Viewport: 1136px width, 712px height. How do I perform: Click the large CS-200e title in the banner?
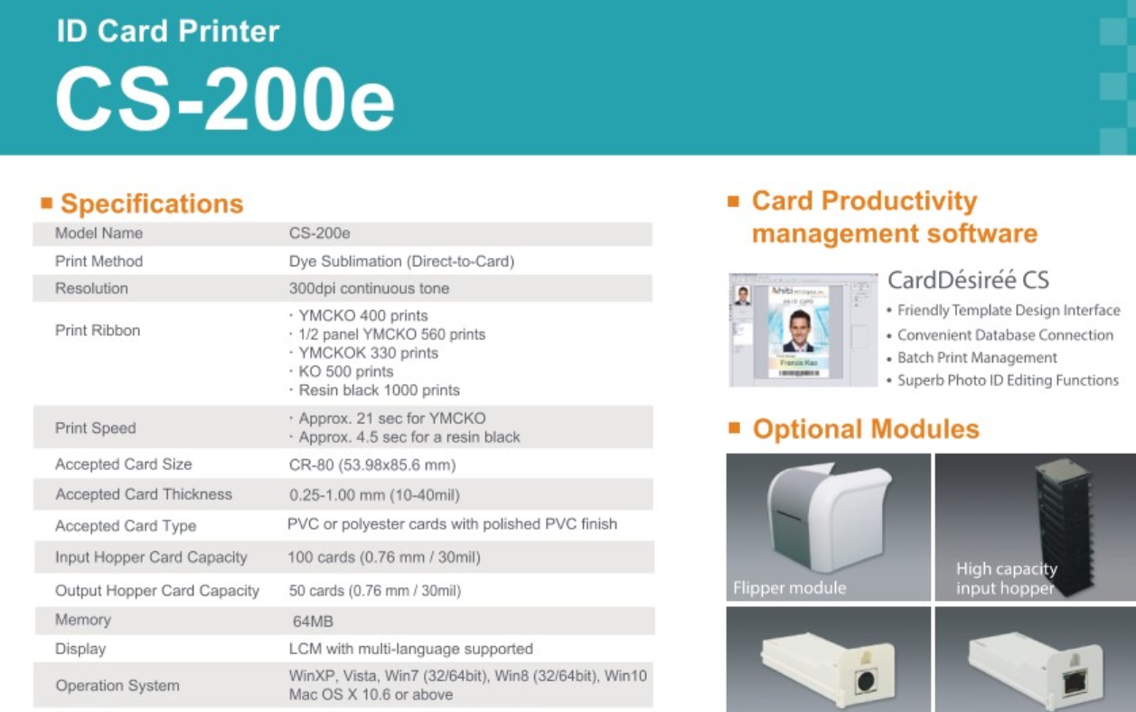click(225, 99)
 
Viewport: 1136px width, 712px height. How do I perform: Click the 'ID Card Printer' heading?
click(168, 31)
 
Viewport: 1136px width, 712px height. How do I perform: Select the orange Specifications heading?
click(152, 204)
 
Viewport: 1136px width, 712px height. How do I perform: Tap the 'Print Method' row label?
click(99, 261)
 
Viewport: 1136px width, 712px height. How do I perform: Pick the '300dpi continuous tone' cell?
click(369, 288)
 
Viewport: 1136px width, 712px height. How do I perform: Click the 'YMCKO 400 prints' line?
click(363, 315)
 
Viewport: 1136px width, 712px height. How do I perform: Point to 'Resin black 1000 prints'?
click(379, 390)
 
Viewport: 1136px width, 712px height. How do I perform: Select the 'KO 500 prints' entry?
click(346, 371)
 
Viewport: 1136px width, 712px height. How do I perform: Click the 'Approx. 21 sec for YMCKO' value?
click(392, 418)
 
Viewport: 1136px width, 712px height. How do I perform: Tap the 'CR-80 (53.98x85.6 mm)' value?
click(372, 464)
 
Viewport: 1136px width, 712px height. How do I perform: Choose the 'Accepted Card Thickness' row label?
click(144, 494)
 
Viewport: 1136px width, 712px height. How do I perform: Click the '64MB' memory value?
click(313, 622)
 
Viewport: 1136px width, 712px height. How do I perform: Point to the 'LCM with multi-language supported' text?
click(411, 649)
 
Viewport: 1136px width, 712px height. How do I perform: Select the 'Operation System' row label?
click(117, 686)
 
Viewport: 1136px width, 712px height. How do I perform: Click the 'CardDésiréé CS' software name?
click(968, 280)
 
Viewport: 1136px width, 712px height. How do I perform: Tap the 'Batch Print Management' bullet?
click(977, 358)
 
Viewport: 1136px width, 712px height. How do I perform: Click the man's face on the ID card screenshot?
click(799, 326)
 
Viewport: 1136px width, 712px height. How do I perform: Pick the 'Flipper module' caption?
click(789, 587)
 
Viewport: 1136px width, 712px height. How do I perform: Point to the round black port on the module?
click(866, 680)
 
